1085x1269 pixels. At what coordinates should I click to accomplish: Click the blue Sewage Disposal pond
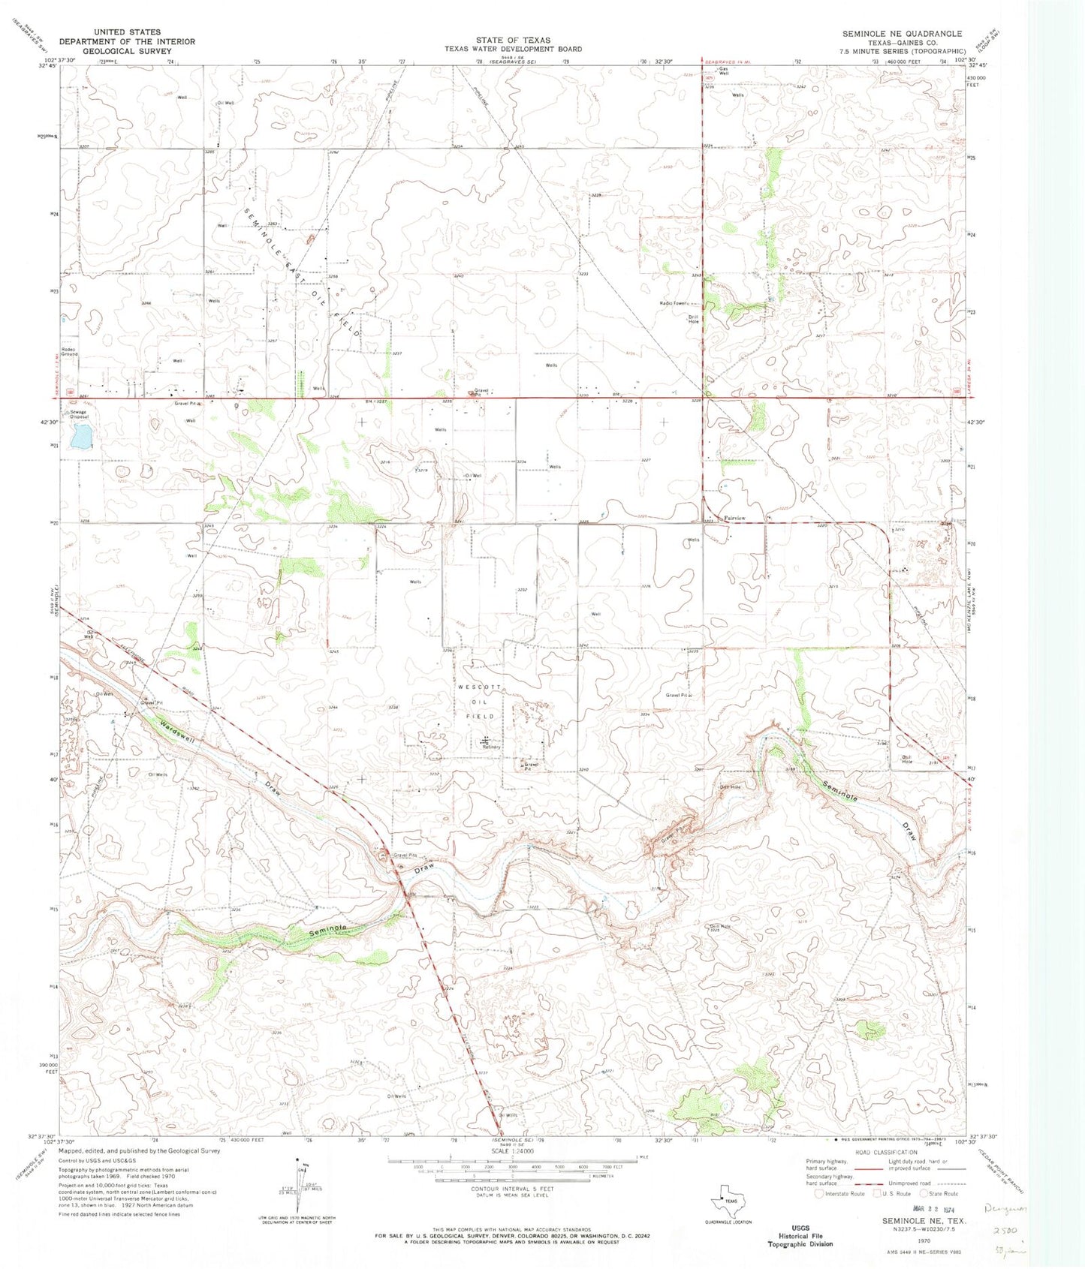pos(81,435)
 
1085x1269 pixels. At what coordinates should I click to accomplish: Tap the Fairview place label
pos(734,519)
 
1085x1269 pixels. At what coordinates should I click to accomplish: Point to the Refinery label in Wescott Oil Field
pos(492,747)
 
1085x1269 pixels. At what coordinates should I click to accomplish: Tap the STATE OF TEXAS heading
pos(512,40)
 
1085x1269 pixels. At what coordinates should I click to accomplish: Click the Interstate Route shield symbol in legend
pos(821,1193)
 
